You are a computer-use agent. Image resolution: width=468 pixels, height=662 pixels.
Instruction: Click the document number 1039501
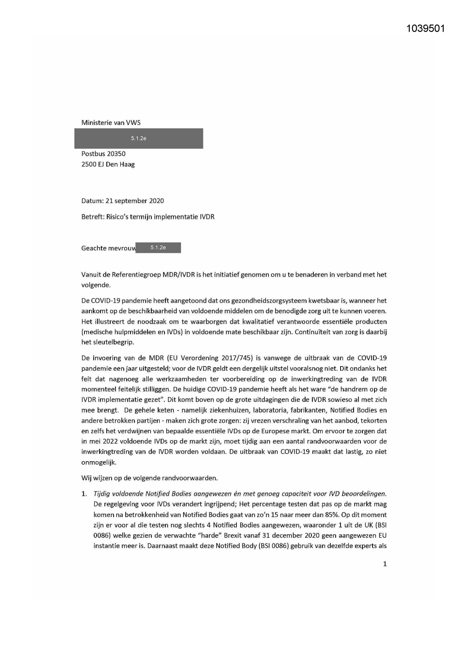pos(425,29)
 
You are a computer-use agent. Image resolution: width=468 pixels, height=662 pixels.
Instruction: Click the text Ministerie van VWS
pos(111,123)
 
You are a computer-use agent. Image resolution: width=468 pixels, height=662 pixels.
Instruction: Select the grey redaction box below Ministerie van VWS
pos(138,139)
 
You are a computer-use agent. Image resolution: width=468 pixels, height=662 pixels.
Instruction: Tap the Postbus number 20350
pos(116,154)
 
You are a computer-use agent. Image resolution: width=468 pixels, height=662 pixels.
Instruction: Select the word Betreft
pos(92,217)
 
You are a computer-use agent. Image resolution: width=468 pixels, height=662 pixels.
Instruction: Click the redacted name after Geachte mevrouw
pos(158,248)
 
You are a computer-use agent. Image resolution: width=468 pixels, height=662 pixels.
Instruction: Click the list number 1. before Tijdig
pos(84,494)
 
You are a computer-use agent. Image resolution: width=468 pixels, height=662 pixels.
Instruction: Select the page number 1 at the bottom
pos(385,564)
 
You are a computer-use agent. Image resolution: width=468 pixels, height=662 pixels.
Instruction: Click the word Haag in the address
pos(127,164)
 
